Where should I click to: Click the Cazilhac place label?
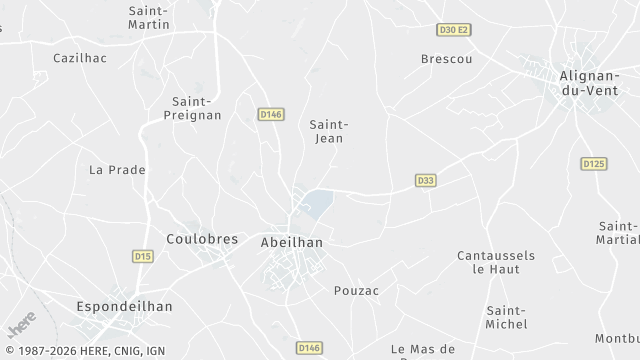point(80,59)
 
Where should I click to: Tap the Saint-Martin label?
point(148,17)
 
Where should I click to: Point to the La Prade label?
point(117,170)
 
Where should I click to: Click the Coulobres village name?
point(202,239)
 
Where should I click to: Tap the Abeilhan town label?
point(291,242)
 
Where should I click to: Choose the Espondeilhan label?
point(125,306)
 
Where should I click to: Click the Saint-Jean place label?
point(327,131)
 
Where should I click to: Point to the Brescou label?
point(446,59)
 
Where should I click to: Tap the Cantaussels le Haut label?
point(496,262)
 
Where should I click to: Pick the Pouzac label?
point(356,290)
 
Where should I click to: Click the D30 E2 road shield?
point(454,30)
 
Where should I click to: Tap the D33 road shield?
point(426,180)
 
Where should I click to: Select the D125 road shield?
point(594,163)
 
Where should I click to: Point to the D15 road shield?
point(142,257)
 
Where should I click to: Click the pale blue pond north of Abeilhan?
point(317,203)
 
